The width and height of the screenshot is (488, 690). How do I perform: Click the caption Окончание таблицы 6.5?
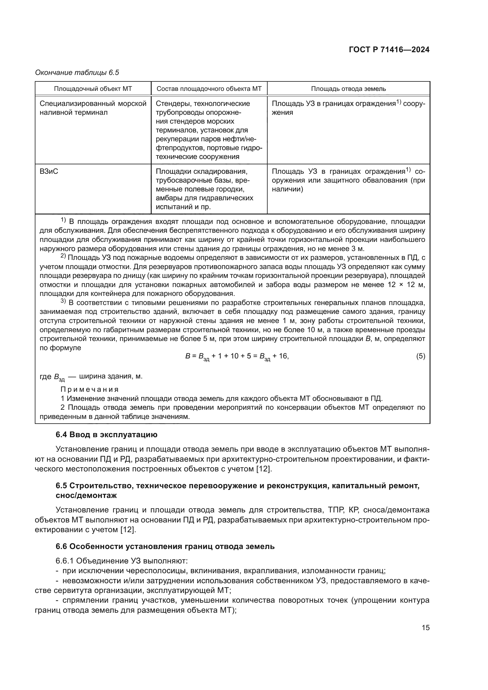[x=77, y=73]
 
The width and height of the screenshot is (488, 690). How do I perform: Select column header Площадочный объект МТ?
[x=93, y=89]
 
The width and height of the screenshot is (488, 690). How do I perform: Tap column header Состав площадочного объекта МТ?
[x=209, y=89]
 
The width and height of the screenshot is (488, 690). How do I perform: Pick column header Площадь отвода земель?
[x=348, y=89]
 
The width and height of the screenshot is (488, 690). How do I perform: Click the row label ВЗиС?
[x=49, y=172]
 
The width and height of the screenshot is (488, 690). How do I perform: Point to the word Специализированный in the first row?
[x=77, y=104]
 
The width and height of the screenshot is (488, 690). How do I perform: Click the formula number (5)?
[x=420, y=356]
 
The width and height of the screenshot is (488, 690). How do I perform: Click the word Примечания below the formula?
[x=90, y=390]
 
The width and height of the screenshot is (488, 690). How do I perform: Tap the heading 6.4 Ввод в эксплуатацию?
[x=107, y=435]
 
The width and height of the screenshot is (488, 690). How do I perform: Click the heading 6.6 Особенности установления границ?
[x=165, y=546]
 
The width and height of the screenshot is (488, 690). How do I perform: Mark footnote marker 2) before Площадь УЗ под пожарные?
[x=63, y=256]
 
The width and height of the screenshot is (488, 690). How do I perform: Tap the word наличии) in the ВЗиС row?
[x=287, y=189]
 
